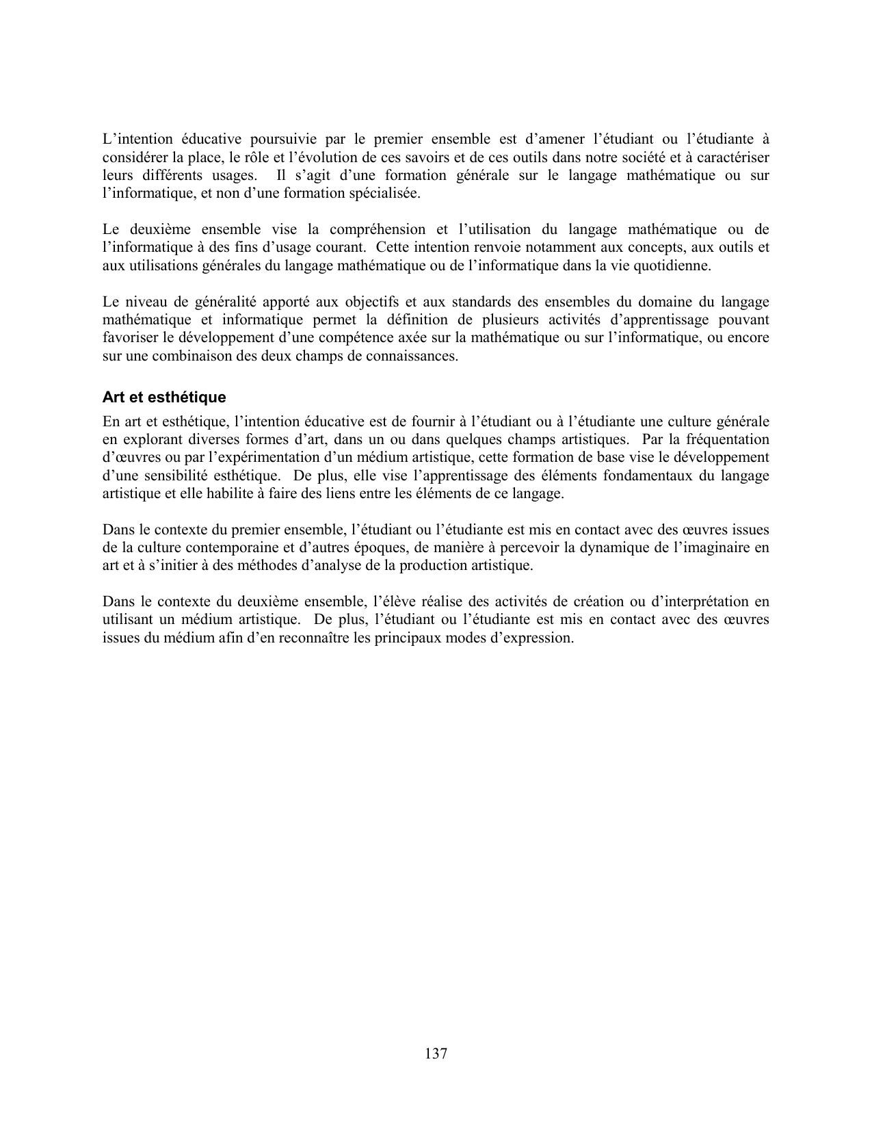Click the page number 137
click(436, 1054)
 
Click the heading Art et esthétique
click(164, 398)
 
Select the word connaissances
click(415, 356)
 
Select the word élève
click(392, 602)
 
